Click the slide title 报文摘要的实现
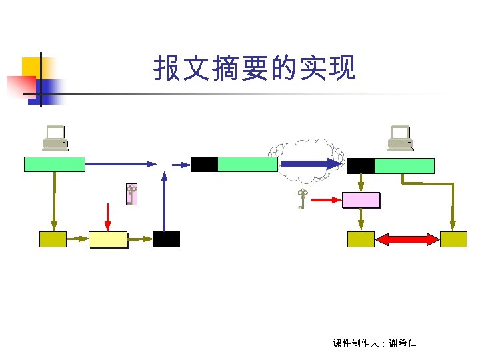255,68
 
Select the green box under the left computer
54,164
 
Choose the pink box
361,199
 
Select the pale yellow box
107,239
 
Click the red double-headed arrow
407,239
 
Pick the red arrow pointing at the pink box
327,199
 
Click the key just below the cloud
302,198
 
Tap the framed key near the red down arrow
131,193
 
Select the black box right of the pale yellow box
166,239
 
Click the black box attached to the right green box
361,166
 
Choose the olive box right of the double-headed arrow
453,239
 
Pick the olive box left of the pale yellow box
53,239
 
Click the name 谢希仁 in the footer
403,344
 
